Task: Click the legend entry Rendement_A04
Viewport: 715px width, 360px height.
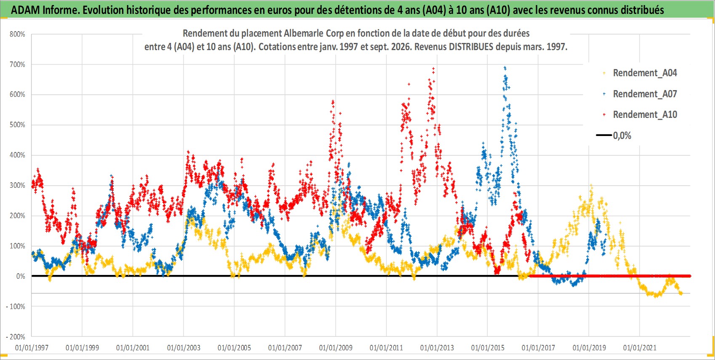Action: (x=640, y=73)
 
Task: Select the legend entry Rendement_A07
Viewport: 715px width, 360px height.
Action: (x=640, y=94)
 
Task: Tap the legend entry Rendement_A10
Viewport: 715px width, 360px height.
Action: (x=640, y=115)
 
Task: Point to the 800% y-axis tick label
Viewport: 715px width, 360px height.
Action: (x=17, y=34)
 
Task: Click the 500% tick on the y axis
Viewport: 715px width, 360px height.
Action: (x=17, y=125)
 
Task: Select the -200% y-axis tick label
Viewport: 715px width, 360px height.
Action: (x=16, y=337)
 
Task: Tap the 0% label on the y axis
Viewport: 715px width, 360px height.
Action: (x=21, y=276)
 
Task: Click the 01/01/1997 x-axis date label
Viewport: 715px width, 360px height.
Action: (x=32, y=348)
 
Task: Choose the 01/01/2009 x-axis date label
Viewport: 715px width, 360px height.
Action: (x=336, y=348)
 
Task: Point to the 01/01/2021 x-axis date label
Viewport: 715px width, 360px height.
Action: (x=640, y=348)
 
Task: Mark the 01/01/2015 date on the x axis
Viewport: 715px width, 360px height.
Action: (x=488, y=348)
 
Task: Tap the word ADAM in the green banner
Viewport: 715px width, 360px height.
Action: (x=26, y=10)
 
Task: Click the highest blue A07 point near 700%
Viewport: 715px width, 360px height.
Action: (x=504, y=68)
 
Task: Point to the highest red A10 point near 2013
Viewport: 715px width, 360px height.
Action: (x=433, y=68)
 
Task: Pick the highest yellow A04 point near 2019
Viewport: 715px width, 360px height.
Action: (x=591, y=185)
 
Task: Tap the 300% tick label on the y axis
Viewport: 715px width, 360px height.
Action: (x=17, y=185)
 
